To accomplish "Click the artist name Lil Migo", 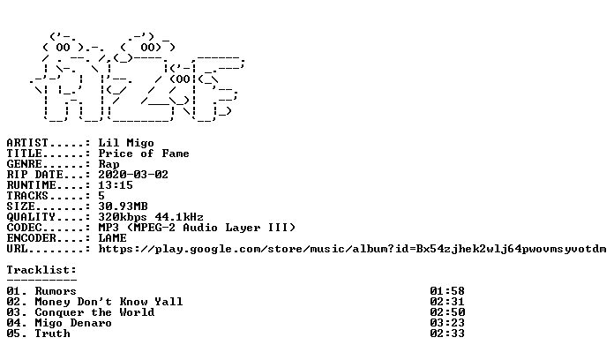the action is (x=125, y=143).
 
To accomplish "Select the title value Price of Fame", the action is (x=143, y=154).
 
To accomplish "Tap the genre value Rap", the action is (x=109, y=164).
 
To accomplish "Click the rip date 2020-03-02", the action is (x=132, y=175).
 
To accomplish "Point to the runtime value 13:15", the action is (x=115, y=185).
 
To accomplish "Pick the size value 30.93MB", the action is (x=123, y=206).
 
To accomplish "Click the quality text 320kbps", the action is (x=122, y=217).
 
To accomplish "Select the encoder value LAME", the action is (x=112, y=238).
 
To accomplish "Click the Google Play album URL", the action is (x=352, y=249).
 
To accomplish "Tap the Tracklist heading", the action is (x=41, y=270).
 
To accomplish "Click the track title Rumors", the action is (x=56, y=291).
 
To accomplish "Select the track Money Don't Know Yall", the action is (x=109, y=302).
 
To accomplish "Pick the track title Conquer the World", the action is (x=94, y=312).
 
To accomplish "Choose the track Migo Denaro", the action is (x=73, y=323).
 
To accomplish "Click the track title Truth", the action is (x=52, y=334).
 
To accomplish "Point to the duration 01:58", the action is (x=446, y=291).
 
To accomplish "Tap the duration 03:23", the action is (x=446, y=323).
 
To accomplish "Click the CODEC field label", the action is (x=24, y=228).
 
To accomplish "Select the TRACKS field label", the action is (x=27, y=196).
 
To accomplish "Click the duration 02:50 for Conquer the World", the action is (x=446, y=312).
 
